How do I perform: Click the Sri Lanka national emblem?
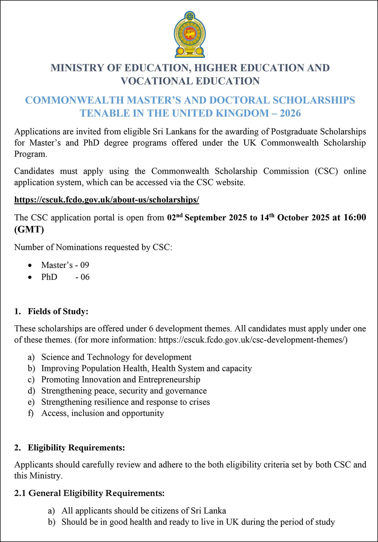(x=189, y=34)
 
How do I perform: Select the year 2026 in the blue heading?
(x=290, y=113)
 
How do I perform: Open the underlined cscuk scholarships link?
(x=106, y=200)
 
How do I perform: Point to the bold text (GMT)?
(x=29, y=229)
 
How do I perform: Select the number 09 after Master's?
(x=85, y=265)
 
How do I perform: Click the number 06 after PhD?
(x=85, y=277)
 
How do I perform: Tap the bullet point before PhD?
(x=31, y=277)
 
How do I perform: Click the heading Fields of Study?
(x=58, y=311)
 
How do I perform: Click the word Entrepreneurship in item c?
(x=169, y=379)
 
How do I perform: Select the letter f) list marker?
(x=31, y=413)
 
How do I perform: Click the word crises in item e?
(x=200, y=402)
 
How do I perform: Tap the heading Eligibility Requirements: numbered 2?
(x=76, y=448)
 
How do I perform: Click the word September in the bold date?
(x=205, y=218)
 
